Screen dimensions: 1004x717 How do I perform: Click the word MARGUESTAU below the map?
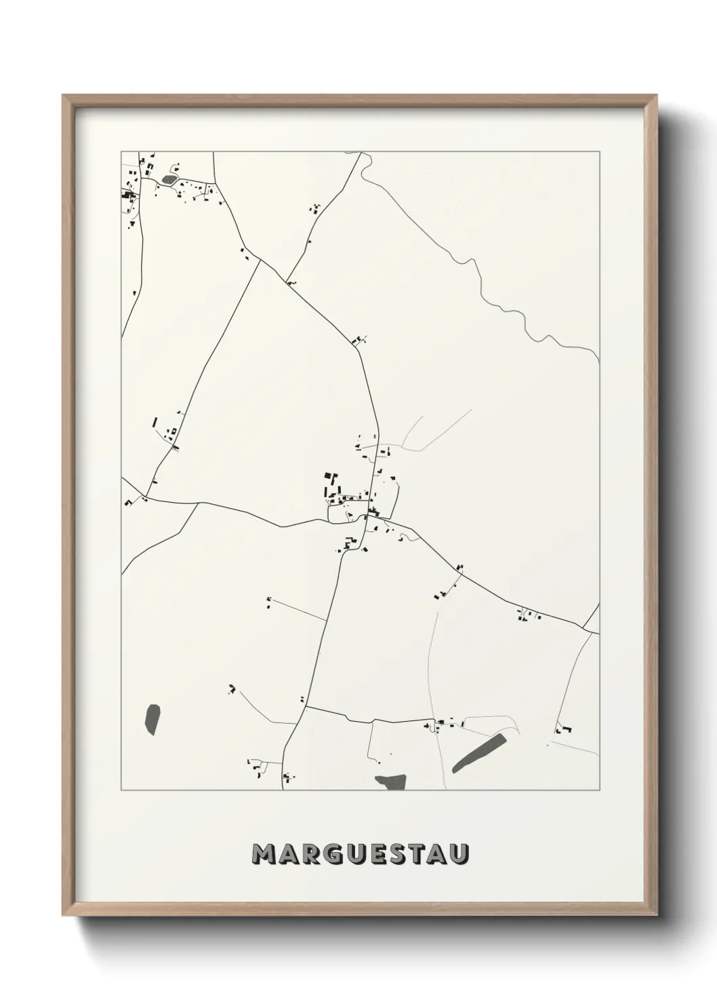coord(360,854)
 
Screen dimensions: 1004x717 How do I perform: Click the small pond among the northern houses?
coord(168,180)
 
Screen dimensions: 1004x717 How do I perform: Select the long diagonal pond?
coord(478,752)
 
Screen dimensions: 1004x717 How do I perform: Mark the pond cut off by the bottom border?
coord(390,782)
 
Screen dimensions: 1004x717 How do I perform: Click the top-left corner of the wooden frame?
coord(64,96)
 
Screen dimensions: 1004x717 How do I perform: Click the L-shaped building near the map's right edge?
coord(562,730)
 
